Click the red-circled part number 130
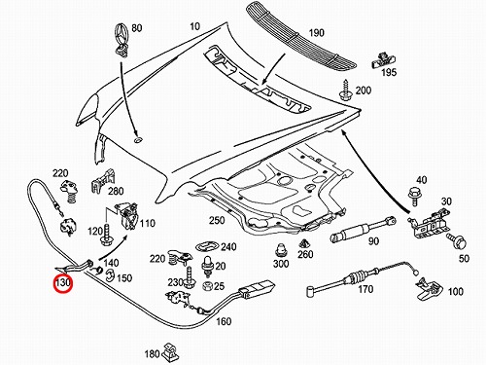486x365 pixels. [x=62, y=282]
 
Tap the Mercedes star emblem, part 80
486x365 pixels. [x=121, y=39]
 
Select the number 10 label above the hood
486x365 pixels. [x=194, y=26]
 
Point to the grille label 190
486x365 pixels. [x=316, y=33]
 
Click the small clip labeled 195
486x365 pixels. [x=384, y=59]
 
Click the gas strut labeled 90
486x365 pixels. [x=363, y=230]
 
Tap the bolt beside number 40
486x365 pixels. [x=413, y=196]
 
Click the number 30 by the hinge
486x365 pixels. [x=446, y=201]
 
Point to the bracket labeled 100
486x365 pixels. [x=429, y=289]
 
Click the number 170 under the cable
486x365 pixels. [x=365, y=288]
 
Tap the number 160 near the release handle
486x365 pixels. [x=224, y=321]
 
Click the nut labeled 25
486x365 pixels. [x=207, y=286]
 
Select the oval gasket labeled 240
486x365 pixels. [x=207, y=246]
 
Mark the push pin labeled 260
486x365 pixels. [x=304, y=244]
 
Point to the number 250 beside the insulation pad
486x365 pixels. [x=217, y=220]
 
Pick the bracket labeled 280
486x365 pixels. [x=103, y=181]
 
